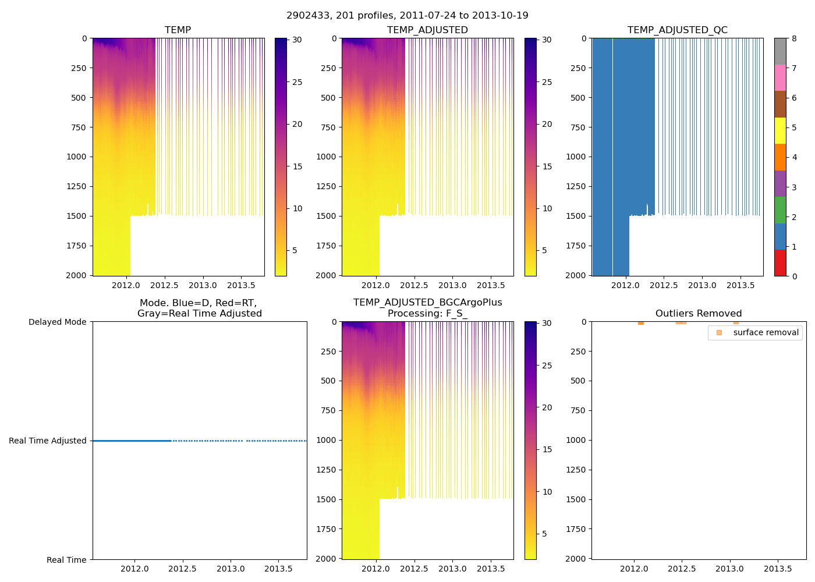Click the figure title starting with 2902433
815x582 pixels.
(x=408, y=16)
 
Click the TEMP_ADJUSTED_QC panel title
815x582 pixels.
(x=677, y=30)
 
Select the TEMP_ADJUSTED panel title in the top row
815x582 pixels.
(x=427, y=30)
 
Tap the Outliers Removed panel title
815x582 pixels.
(x=699, y=314)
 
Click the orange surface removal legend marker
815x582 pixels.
(x=719, y=333)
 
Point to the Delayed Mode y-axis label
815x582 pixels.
(x=57, y=322)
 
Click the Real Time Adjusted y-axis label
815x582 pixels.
(x=48, y=441)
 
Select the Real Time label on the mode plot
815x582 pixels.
(x=66, y=560)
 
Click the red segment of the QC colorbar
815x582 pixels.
(x=780, y=263)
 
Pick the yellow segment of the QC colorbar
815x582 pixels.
(x=780, y=131)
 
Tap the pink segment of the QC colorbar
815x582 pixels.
(x=780, y=78)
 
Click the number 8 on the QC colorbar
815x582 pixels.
(x=794, y=39)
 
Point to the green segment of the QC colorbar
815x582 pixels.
(x=780, y=210)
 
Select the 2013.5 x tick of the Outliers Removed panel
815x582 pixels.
(x=777, y=569)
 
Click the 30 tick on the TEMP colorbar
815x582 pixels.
(x=297, y=40)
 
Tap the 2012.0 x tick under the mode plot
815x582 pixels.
(x=134, y=569)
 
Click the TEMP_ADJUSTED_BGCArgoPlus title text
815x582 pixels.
(x=427, y=303)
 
